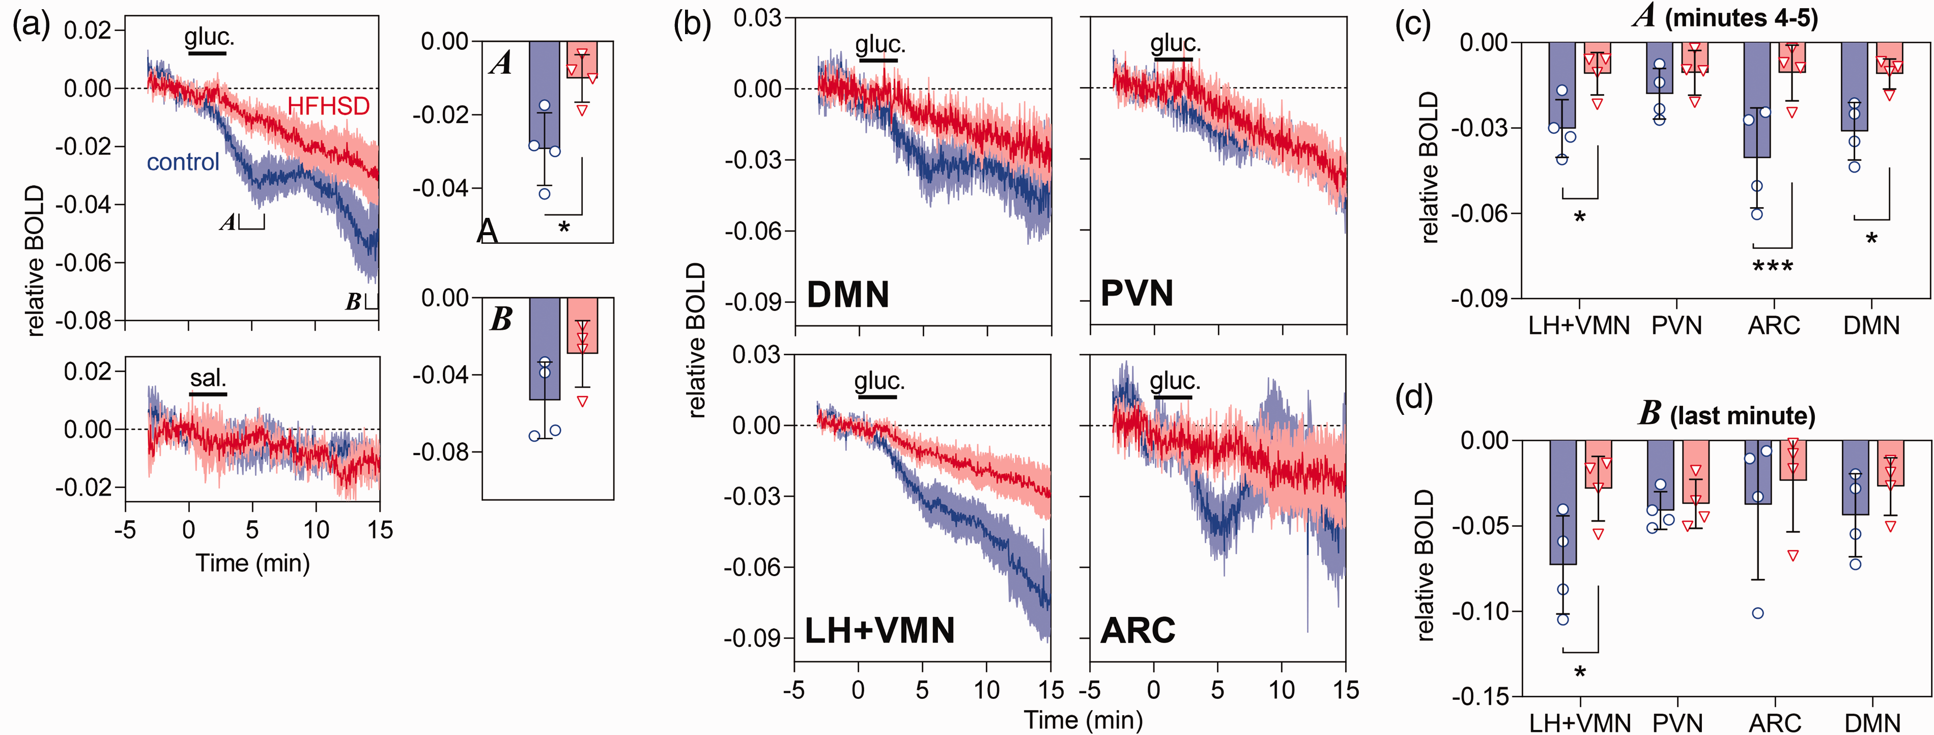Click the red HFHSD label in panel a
(x=329, y=106)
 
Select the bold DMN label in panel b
(x=847, y=294)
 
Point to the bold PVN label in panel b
(x=1136, y=293)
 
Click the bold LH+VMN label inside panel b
(x=879, y=630)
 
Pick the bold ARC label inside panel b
(x=1137, y=630)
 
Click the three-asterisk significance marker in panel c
(x=1773, y=267)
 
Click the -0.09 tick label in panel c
(x=1479, y=299)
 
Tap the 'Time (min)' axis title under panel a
(x=252, y=563)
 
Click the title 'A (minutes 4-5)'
(x=1726, y=16)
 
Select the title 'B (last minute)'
(x=1727, y=414)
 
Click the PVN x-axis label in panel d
(x=1678, y=723)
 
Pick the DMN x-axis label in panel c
(x=1872, y=326)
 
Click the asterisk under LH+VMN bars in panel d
(x=1580, y=671)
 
